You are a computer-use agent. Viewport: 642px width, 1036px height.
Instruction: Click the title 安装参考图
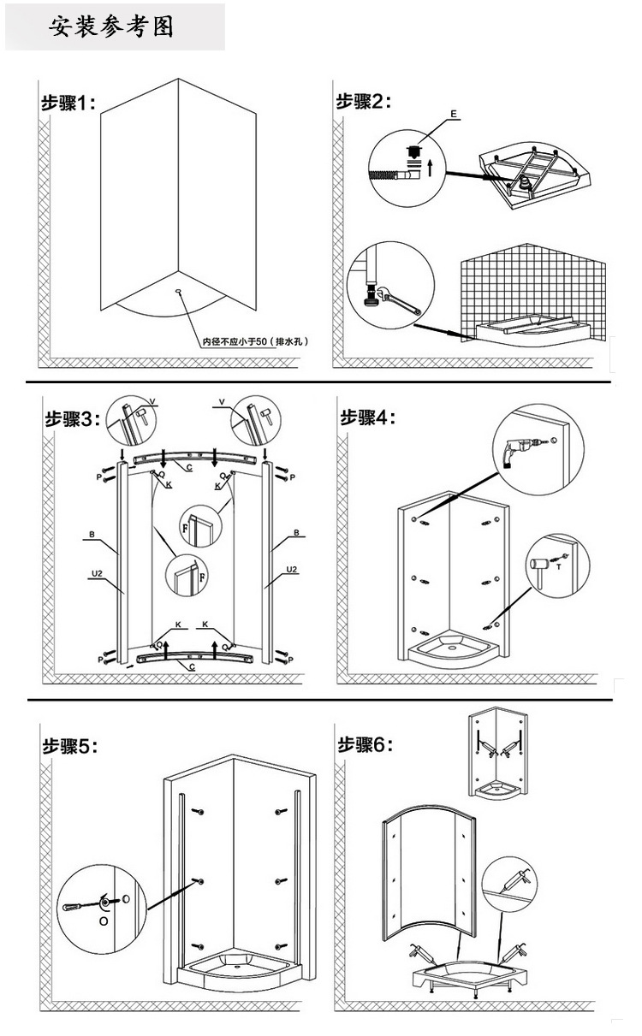[111, 26]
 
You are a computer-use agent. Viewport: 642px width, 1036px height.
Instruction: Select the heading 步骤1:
[69, 104]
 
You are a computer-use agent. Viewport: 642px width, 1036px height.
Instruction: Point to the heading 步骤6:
[367, 744]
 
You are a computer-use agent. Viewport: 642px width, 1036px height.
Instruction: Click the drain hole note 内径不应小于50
[255, 341]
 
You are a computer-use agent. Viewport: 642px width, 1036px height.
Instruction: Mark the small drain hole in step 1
[178, 291]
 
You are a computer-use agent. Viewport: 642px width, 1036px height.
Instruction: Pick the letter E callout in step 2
[454, 114]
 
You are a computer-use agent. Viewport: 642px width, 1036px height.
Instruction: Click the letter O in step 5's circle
[104, 921]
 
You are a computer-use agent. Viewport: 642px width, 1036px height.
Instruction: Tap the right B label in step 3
[296, 532]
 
